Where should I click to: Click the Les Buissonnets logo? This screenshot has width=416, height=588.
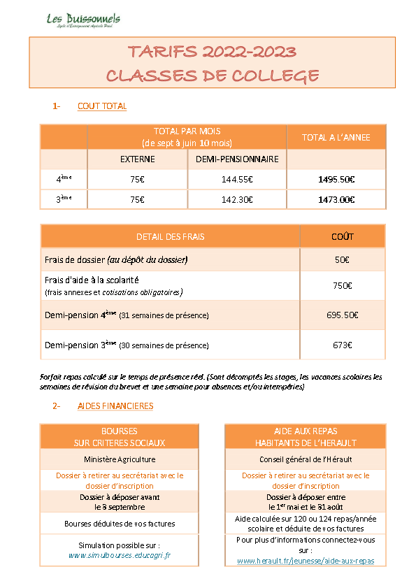[83, 20]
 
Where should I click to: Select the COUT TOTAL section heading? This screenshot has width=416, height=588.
[102, 106]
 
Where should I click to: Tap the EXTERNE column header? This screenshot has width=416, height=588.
[137, 159]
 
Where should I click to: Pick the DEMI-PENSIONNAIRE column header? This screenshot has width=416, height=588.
[237, 159]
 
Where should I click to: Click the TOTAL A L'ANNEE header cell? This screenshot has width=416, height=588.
[336, 138]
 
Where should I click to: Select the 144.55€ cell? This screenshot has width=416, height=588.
[237, 180]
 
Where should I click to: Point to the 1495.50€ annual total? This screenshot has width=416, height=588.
[336, 180]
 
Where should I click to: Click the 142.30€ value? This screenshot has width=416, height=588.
[237, 199]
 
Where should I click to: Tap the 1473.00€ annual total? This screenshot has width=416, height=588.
[336, 199]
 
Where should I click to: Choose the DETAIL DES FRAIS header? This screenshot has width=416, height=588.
[170, 236]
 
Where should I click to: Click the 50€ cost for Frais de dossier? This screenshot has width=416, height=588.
[342, 260]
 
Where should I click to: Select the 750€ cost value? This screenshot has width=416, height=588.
[342, 285]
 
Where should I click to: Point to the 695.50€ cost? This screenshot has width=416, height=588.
[342, 315]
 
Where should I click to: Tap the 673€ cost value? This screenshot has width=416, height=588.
[342, 345]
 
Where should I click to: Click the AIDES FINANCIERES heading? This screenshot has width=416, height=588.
[115, 406]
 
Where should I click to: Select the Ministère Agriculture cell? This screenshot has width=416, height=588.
[120, 460]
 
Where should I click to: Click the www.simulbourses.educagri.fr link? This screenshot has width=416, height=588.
[120, 555]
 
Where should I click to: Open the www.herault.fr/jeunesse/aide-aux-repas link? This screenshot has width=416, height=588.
[306, 561]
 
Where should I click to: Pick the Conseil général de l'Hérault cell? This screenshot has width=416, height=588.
[306, 460]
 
